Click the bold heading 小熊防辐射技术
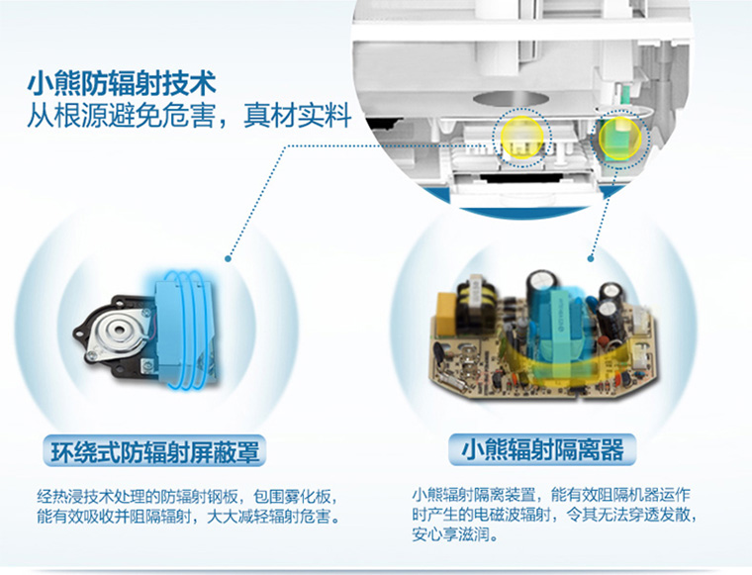(122, 83)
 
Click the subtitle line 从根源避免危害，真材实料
(189, 116)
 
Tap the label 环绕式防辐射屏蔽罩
(155, 451)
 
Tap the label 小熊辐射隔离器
(542, 450)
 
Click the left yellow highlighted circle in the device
(521, 139)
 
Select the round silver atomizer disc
(117, 330)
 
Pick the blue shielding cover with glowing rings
(185, 330)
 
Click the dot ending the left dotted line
(229, 258)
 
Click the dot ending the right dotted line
(591, 258)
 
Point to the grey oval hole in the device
(511, 99)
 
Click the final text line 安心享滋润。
(455, 534)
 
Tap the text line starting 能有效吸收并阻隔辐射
(188, 517)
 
